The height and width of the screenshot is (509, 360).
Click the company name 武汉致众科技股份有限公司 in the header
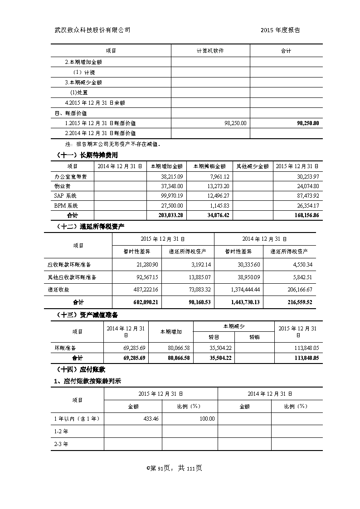[x=92, y=30]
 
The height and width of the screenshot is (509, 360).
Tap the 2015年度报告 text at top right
[x=280, y=30]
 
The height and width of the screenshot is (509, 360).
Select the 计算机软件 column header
[x=210, y=51]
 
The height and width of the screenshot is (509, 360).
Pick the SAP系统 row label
[x=65, y=196]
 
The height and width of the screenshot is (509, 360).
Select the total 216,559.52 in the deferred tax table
[x=297, y=302]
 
